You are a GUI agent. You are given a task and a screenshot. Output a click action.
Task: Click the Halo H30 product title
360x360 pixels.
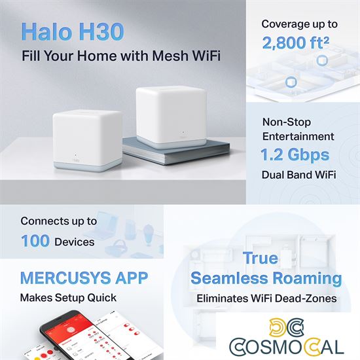[x=81, y=31]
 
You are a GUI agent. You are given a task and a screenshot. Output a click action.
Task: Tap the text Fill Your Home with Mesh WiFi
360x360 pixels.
[x=121, y=56]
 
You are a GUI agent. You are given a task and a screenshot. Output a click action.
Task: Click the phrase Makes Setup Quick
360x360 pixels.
[x=68, y=298]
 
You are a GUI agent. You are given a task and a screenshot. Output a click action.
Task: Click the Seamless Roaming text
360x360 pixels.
[x=266, y=279]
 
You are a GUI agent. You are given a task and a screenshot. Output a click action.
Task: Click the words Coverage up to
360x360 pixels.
[x=299, y=24]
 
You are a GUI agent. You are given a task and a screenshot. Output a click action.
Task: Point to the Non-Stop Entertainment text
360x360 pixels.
[x=298, y=129]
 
